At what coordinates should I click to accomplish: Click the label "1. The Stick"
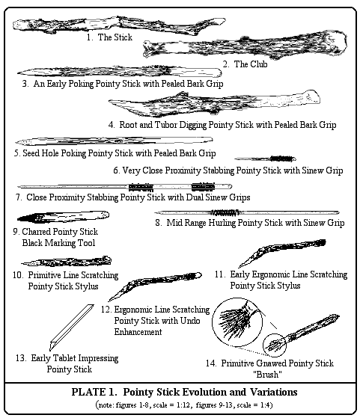click(x=109, y=37)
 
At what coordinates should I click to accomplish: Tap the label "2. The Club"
click(x=245, y=64)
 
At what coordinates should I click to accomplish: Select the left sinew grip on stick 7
click(x=141, y=187)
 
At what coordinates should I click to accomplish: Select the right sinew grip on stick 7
click(x=203, y=187)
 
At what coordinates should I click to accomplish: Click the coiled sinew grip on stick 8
click(x=225, y=212)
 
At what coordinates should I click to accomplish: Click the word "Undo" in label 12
click(x=190, y=321)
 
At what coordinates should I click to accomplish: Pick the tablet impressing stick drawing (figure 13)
click(x=71, y=327)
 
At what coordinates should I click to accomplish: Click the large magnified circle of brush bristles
click(x=237, y=322)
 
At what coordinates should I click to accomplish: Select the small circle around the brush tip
click(x=275, y=345)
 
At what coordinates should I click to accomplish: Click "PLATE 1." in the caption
click(x=94, y=392)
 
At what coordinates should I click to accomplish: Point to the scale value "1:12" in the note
click(x=183, y=405)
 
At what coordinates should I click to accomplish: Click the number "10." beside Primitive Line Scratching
click(x=19, y=275)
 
